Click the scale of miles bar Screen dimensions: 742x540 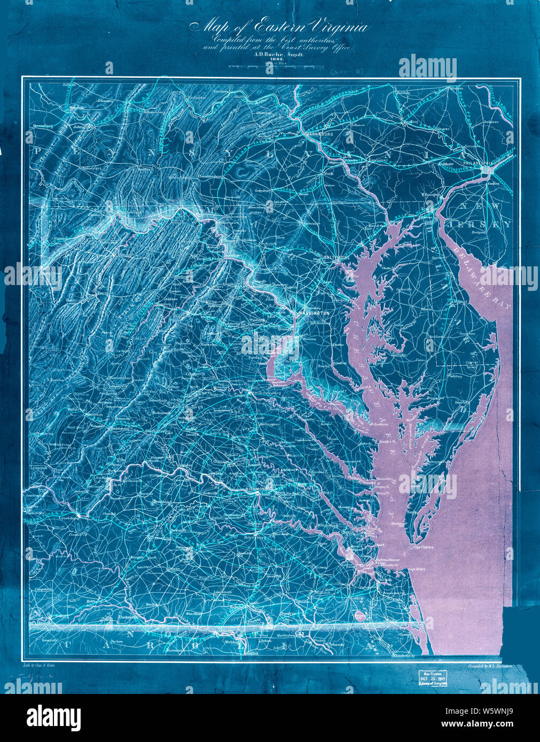point(270,67)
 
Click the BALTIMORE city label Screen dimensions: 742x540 point(336,258)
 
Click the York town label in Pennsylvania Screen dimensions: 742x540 point(329,174)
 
